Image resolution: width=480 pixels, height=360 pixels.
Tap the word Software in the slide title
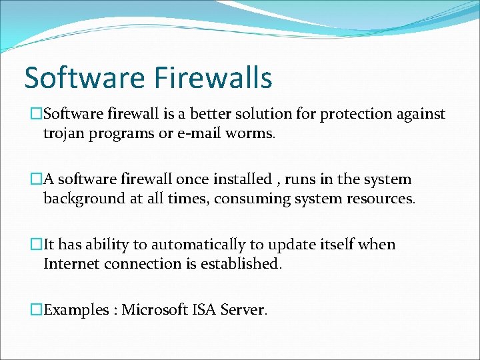[83, 77]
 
